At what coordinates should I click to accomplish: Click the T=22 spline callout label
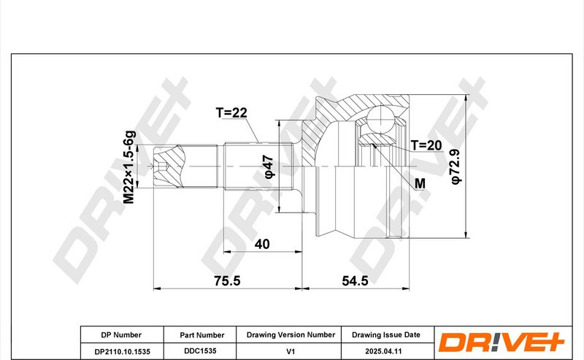231,112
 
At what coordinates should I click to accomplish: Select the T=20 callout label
426,145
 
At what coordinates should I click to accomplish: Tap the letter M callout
420,183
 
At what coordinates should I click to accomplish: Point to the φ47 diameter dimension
269,166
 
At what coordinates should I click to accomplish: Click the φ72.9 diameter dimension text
456,166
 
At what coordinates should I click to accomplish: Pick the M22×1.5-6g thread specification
129,167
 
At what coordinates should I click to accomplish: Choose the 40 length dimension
262,244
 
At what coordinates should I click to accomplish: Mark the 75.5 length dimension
227,280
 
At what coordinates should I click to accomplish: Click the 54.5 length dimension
355,280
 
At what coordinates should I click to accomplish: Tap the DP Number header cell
121,335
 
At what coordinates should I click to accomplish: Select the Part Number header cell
202,335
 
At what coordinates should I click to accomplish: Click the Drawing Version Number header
291,334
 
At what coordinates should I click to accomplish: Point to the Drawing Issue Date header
386,334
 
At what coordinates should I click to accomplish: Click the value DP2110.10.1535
122,351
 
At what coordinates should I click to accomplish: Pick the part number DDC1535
200,351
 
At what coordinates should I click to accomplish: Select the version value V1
291,351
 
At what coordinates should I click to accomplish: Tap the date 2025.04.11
384,351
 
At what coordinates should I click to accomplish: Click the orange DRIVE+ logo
502,341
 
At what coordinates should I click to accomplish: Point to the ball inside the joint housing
380,119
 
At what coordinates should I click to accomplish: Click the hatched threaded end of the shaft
169,166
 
